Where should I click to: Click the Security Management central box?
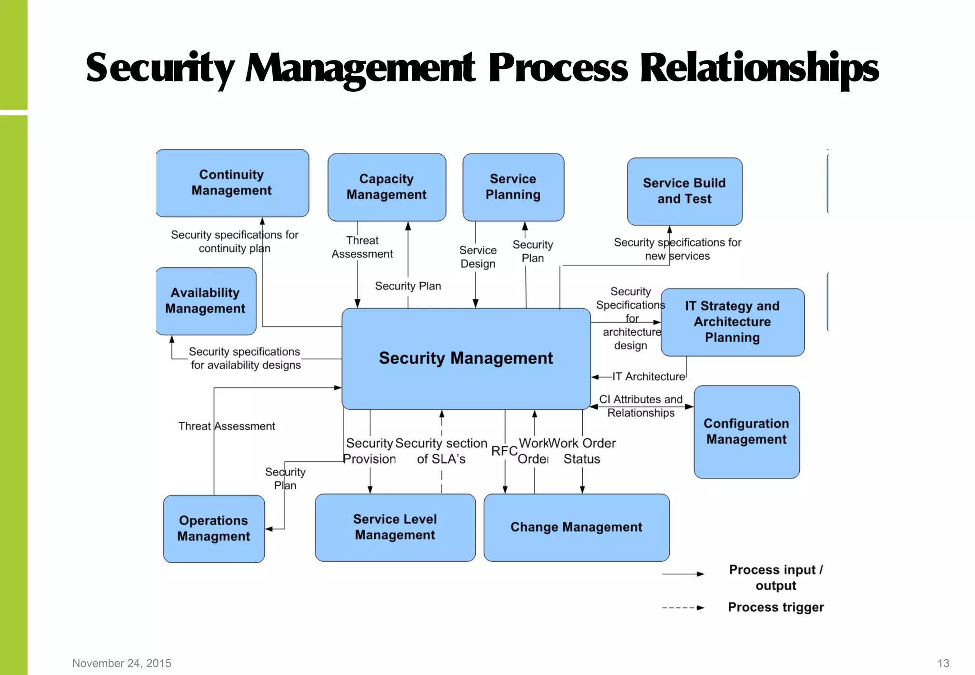coord(466,358)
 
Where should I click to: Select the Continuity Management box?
coord(232,183)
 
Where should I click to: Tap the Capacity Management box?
coord(387,187)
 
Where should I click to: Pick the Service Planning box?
coord(513,187)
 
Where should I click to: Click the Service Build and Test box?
coord(684,191)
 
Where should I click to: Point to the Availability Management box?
coord(205,301)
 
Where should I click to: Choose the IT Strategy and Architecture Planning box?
coord(732,322)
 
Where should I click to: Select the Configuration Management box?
coord(746,431)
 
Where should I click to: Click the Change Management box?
coord(576,527)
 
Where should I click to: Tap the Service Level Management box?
coord(395,527)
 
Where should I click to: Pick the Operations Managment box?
coord(214,528)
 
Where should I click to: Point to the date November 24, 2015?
coord(122,663)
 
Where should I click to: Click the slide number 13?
coord(943,663)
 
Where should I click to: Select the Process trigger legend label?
coord(776,607)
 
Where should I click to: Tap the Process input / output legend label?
coord(776,577)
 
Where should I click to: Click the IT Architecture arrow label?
coord(648,377)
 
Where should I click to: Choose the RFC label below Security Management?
coord(504,451)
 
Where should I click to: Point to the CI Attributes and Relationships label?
coord(641,406)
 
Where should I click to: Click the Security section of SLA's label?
coord(441,451)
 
